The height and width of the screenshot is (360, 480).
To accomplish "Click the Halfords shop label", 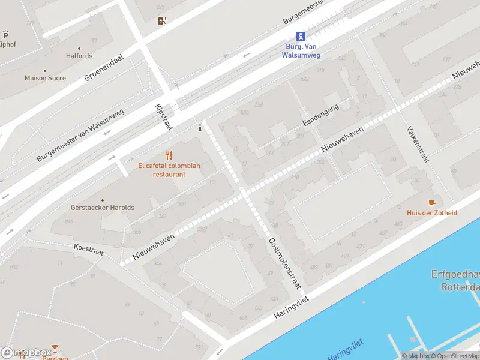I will [x=79, y=56].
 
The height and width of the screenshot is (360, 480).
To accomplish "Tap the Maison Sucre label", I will [x=45, y=78].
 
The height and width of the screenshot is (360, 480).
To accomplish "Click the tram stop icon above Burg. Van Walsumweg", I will [x=301, y=36].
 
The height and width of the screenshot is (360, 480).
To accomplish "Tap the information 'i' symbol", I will [x=200, y=127].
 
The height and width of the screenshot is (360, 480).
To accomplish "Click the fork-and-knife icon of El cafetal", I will [x=169, y=155].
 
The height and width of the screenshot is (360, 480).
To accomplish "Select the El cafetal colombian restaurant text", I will [x=169, y=170].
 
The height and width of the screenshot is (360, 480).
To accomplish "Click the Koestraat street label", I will [x=89, y=250].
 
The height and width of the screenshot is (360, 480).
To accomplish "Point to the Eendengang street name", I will [x=320, y=114].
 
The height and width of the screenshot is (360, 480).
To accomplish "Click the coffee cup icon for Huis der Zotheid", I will [x=431, y=203].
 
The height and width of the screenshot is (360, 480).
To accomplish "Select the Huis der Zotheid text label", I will [x=431, y=213].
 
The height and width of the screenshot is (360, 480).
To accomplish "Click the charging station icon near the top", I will [x=162, y=21].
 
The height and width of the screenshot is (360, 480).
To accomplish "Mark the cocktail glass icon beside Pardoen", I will [x=55, y=348].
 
